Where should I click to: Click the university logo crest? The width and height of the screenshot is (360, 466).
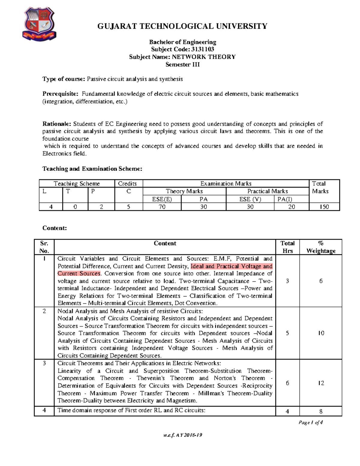point(39,24)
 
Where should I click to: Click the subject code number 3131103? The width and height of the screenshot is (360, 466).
point(202,50)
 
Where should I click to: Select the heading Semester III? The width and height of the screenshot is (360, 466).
point(182,65)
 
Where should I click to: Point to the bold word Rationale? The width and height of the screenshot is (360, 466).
point(57,124)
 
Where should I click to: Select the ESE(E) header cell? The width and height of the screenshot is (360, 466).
point(162,199)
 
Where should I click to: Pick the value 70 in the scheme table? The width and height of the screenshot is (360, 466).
point(162,207)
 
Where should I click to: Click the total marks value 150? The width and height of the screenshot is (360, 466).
point(324,207)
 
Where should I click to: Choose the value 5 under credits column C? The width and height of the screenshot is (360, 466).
point(128,207)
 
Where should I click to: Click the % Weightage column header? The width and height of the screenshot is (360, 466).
point(321,247)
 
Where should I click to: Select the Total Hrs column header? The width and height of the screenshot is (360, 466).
point(287,247)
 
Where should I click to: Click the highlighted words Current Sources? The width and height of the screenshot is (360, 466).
point(79,273)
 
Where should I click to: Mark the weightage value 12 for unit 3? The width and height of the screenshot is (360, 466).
point(321,383)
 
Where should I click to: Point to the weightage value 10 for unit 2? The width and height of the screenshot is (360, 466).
point(321,333)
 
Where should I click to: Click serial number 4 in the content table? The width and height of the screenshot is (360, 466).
point(44,410)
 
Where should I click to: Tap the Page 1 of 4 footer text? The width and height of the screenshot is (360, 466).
point(310,422)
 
